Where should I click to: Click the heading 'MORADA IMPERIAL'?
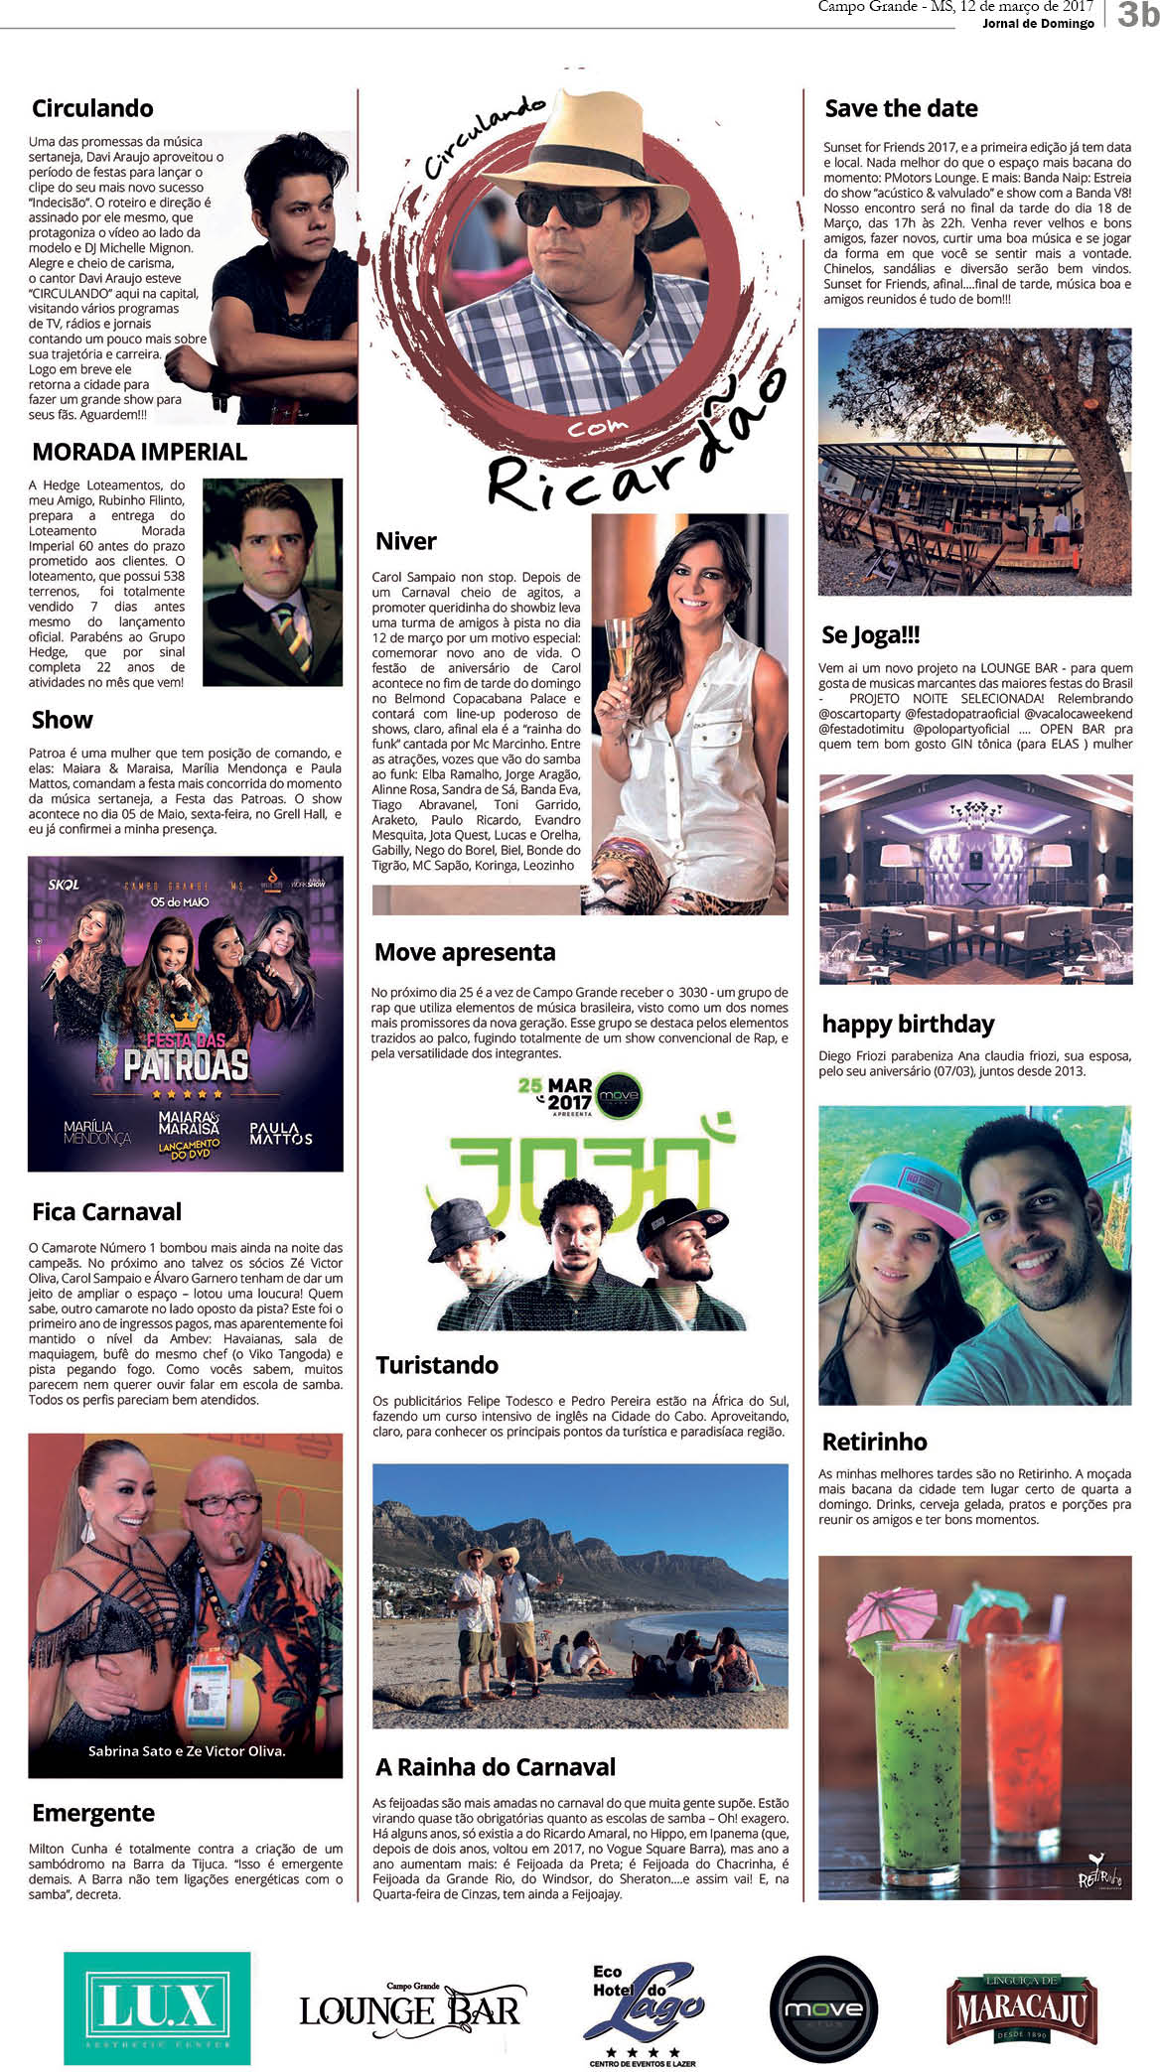(x=139, y=452)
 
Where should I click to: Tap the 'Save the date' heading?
(x=901, y=108)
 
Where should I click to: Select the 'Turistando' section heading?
(x=437, y=1365)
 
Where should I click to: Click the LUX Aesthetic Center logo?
(x=157, y=2007)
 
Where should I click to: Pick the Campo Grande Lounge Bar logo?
(x=410, y=2009)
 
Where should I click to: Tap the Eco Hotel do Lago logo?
(x=643, y=2013)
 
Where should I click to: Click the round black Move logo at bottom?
(x=823, y=2009)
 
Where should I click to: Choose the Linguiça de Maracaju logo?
(x=1021, y=2009)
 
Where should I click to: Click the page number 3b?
(x=1137, y=14)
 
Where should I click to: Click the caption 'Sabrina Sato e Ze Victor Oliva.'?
(x=187, y=1750)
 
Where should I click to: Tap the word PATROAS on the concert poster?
(x=186, y=1065)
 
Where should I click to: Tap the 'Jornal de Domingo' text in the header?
(x=1038, y=23)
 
